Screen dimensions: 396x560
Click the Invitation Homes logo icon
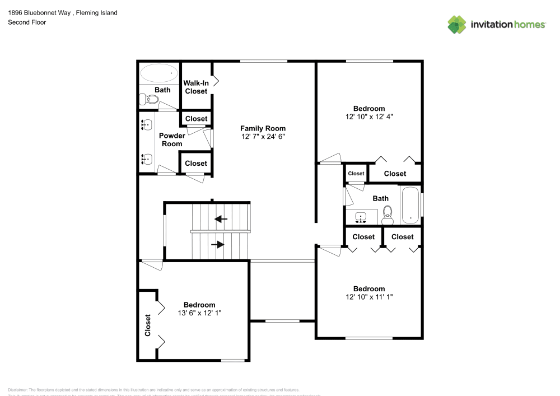(457, 24)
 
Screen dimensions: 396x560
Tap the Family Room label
(263, 128)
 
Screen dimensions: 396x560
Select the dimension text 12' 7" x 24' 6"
(263, 137)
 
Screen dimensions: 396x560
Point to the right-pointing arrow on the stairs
(218, 245)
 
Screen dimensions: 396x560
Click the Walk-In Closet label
(196, 87)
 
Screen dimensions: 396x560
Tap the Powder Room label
(171, 139)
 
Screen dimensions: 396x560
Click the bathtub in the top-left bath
(159, 73)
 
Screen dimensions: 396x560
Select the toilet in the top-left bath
(150, 100)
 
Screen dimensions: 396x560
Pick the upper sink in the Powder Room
(147, 124)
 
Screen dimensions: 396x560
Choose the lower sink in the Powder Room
(147, 160)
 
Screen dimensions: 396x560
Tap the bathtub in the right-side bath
(410, 204)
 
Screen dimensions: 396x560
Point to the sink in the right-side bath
(361, 216)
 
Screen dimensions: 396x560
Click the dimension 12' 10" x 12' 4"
(369, 117)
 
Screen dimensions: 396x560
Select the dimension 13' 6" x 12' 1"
(199, 313)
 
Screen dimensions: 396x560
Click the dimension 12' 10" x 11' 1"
(369, 297)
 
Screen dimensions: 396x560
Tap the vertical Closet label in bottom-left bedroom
(148, 325)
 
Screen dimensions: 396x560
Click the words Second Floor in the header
(27, 22)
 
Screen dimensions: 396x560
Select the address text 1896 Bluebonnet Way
(40, 12)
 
